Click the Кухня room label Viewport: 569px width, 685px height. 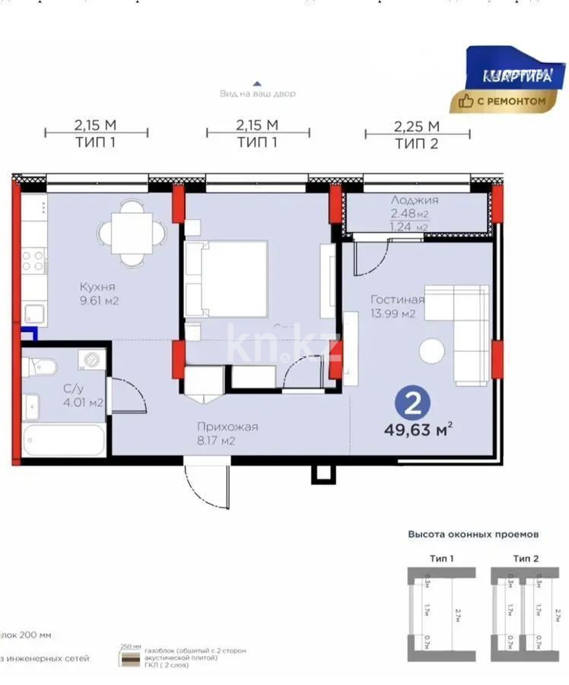pyautogui.click(x=97, y=287)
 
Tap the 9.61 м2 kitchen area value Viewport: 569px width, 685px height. pyautogui.click(x=101, y=301)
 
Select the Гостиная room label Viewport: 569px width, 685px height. pyautogui.click(x=397, y=299)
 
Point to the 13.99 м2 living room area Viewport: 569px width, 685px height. pyautogui.click(x=393, y=314)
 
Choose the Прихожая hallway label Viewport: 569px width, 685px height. pyautogui.click(x=227, y=426)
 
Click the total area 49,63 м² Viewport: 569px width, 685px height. pyautogui.click(x=419, y=431)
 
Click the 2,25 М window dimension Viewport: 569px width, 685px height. pyautogui.click(x=417, y=126)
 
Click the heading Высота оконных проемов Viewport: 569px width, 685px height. pyautogui.click(x=472, y=534)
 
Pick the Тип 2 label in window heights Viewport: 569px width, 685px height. pyautogui.click(x=526, y=559)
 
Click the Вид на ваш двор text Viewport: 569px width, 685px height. pyautogui.click(x=257, y=94)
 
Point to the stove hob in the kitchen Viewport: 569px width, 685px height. pyautogui.click(x=33, y=260)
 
